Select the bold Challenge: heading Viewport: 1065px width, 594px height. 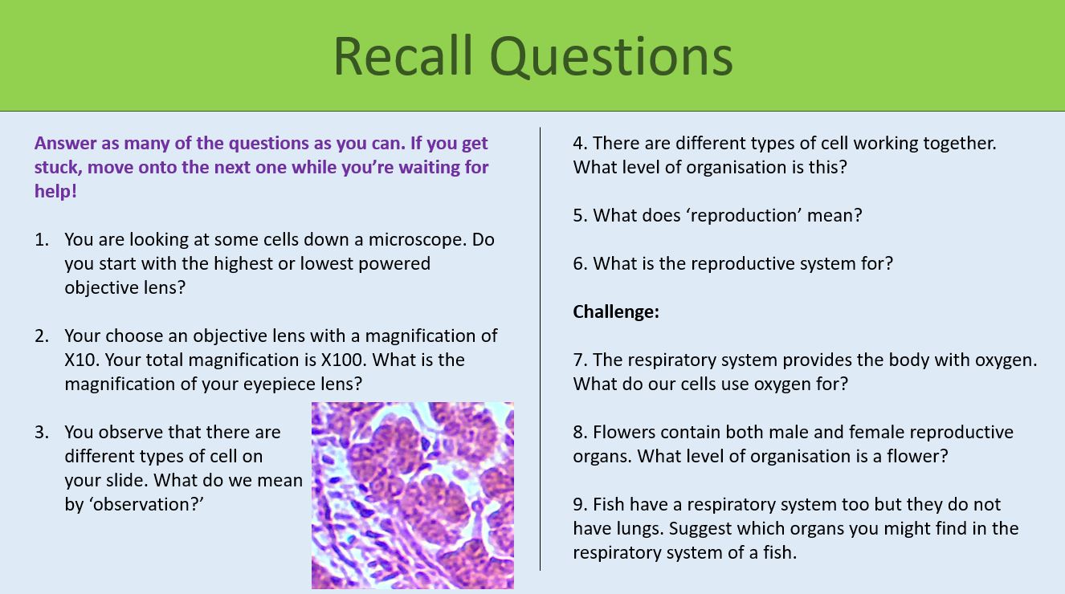(616, 311)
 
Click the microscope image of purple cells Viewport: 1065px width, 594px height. (412, 495)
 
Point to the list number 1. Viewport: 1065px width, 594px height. (41, 239)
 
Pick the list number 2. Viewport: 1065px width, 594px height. (42, 336)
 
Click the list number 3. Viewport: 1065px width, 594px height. (42, 432)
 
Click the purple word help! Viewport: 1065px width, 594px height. (55, 191)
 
